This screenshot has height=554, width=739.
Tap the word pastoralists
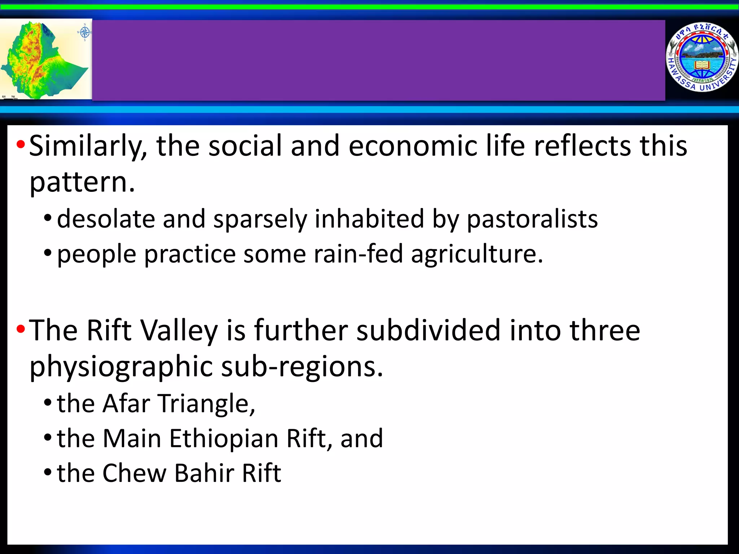click(532, 219)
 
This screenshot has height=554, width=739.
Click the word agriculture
click(477, 255)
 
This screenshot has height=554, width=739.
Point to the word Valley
click(179, 331)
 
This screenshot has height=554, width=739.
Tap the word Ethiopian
click(223, 439)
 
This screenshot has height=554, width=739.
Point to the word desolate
click(105, 219)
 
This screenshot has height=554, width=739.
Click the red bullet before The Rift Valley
click(21, 329)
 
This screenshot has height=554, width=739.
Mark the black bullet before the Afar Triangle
click(48, 403)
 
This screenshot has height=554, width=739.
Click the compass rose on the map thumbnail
click(84, 32)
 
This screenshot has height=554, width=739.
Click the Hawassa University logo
click(701, 57)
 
